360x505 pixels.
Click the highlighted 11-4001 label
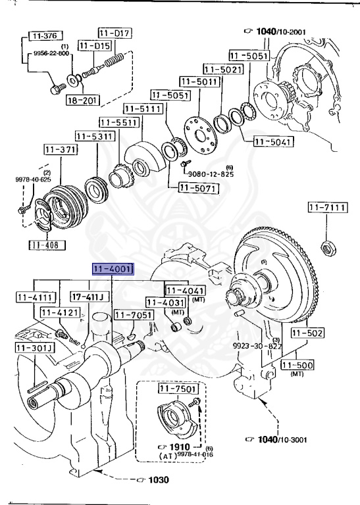(x=113, y=269)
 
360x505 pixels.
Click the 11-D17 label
(x=115, y=32)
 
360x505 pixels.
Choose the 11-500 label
(x=297, y=365)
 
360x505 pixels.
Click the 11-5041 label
(x=272, y=141)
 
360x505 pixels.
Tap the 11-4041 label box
(x=184, y=290)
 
